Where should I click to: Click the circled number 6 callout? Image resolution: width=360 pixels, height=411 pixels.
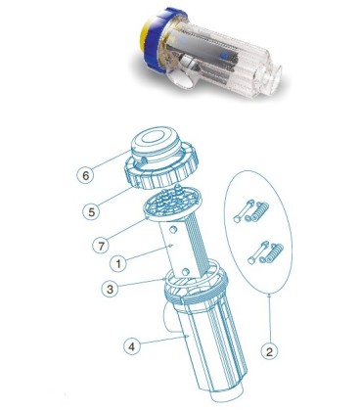pos(85,175)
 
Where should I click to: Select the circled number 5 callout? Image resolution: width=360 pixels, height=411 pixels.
pos(92,211)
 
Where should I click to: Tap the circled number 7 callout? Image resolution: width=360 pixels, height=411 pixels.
pos(101,245)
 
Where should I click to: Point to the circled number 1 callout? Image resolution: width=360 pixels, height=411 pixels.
pos(118,263)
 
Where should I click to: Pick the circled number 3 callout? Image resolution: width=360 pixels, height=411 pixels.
pos(111,289)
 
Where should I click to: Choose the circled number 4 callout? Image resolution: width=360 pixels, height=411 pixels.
pos(132,346)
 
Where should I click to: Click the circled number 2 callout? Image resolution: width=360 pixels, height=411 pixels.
pos(269,351)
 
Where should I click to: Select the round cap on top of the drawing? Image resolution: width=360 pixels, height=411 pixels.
pos(154,145)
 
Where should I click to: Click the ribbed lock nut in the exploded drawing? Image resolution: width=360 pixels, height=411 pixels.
pos(160,169)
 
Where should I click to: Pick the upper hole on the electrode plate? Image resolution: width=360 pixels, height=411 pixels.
pos(174,230)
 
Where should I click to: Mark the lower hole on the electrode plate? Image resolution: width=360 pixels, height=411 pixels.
pos(186,271)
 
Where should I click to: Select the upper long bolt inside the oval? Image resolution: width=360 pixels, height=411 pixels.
pos(245,211)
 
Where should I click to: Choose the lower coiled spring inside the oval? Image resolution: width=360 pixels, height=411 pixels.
pos(272,253)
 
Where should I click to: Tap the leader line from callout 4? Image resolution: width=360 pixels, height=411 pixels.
pos(163,339)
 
